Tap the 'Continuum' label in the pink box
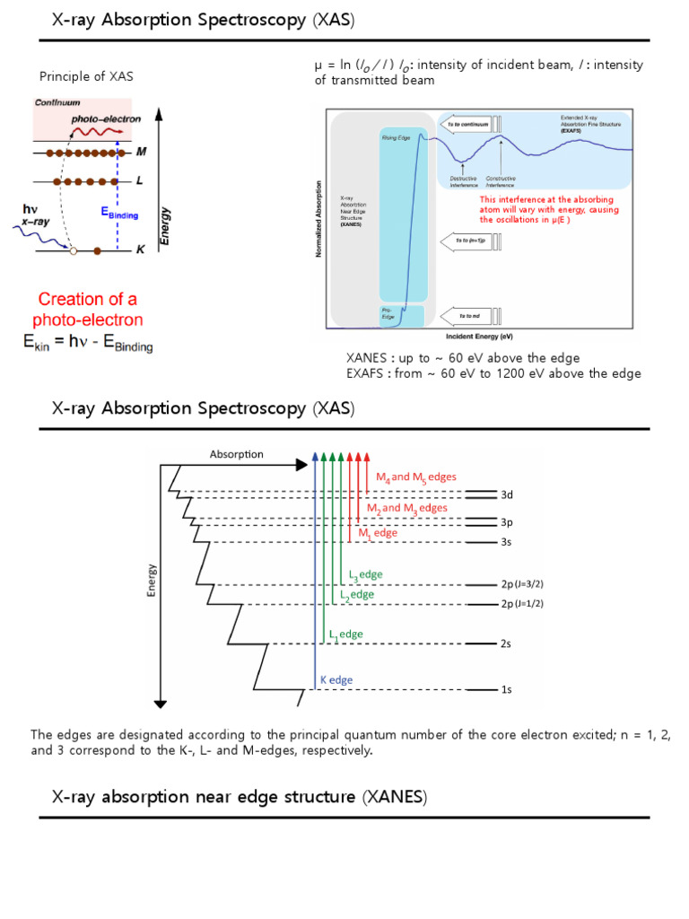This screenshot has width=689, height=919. pyautogui.click(x=57, y=103)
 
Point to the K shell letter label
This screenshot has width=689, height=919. pyautogui.click(x=140, y=252)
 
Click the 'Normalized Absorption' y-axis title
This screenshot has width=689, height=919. pyautogui.click(x=318, y=218)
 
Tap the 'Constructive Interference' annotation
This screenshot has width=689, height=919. pyautogui.click(x=501, y=181)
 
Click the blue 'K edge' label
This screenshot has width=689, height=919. pyautogui.click(x=336, y=680)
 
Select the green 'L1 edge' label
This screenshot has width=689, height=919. pyautogui.click(x=346, y=635)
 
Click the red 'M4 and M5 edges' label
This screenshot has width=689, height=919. pyautogui.click(x=422, y=478)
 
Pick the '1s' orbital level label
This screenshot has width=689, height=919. pyautogui.click(x=507, y=689)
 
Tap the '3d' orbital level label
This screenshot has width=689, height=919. pyautogui.click(x=507, y=495)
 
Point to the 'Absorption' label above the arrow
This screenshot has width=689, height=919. pyautogui.click(x=237, y=454)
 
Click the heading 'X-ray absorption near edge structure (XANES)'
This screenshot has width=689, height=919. pyautogui.click(x=240, y=797)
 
